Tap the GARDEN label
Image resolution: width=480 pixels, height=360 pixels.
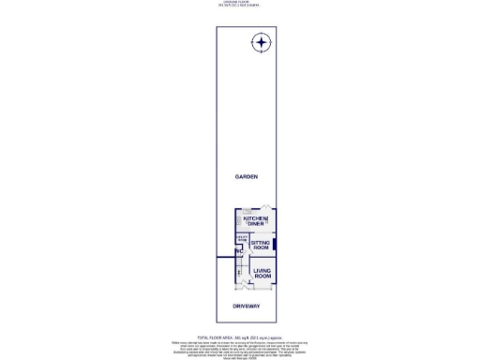pyautogui.click(x=247, y=176)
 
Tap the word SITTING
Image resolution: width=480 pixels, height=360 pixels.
pyautogui.click(x=260, y=243)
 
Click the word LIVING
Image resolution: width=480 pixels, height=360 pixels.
pyautogui.click(x=262, y=272)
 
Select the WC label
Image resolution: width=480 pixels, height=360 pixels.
pyautogui.click(x=240, y=251)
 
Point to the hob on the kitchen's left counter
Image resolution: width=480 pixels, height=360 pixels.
pyautogui.click(x=238, y=222)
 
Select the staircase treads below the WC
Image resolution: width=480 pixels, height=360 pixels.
pyautogui.click(x=241, y=266)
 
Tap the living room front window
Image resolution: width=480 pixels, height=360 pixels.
pyautogui.click(x=262, y=287)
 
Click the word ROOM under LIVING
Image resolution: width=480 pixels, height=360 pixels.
pyautogui.click(x=262, y=277)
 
